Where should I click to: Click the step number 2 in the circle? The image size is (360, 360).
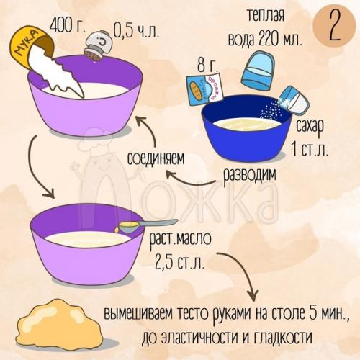pyautogui.click(x=333, y=27)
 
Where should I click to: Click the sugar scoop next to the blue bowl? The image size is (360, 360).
pyautogui.click(x=290, y=100)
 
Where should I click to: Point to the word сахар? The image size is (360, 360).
pyautogui.click(x=310, y=126)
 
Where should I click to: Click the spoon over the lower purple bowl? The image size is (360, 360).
pyautogui.click(x=147, y=225)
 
